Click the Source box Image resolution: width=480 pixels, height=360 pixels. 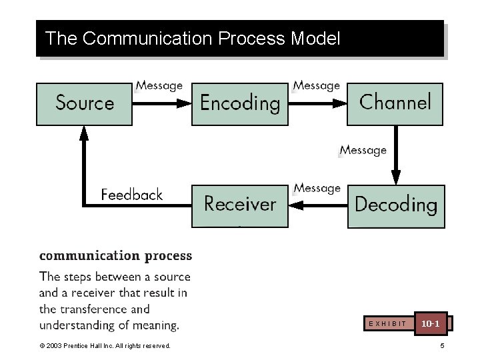click(x=84, y=103)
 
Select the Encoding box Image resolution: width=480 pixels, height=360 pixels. click(x=240, y=103)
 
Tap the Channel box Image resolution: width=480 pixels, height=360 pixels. click(x=395, y=103)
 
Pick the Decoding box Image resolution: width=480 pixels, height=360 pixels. click(x=395, y=205)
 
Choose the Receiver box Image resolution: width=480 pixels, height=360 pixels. click(x=240, y=205)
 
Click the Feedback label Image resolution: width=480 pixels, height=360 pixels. click(x=131, y=195)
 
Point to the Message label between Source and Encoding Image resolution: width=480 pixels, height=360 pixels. click(x=159, y=85)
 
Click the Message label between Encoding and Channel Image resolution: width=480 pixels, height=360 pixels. click(x=317, y=85)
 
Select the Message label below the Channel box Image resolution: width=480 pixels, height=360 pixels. click(x=363, y=150)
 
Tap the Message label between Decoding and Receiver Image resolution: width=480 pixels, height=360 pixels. click(x=317, y=188)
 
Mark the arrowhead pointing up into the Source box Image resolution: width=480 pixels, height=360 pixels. click(x=84, y=133)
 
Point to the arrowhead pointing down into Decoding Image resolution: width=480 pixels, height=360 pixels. click(x=395, y=177)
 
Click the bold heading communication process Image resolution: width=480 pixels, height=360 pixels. click(x=115, y=255)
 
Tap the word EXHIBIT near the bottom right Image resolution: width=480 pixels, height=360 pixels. click(x=387, y=323)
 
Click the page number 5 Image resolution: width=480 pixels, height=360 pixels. click(x=441, y=345)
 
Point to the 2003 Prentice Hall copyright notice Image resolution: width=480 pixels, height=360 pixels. click(x=105, y=345)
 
